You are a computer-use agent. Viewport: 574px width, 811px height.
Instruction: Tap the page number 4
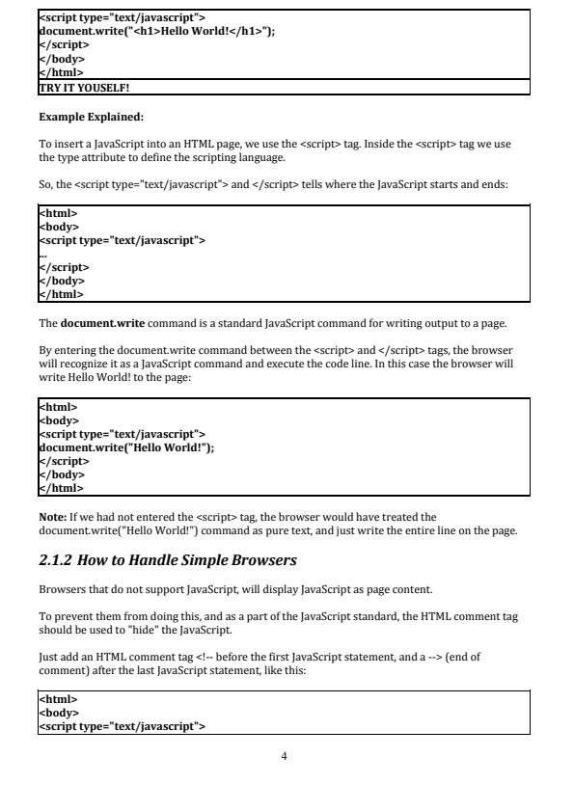(x=284, y=755)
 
